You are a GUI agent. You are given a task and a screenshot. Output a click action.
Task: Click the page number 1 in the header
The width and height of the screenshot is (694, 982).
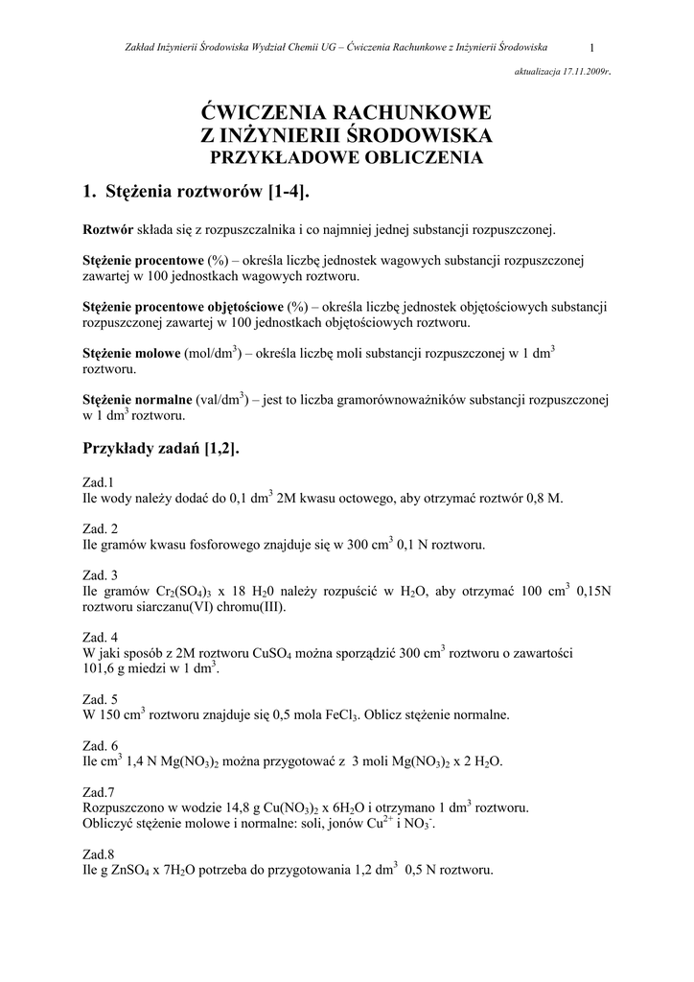[593, 47]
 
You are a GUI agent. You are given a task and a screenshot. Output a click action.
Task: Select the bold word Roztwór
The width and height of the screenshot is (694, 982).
[106, 230]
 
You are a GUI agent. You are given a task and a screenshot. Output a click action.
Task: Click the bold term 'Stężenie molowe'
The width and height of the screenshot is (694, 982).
[132, 354]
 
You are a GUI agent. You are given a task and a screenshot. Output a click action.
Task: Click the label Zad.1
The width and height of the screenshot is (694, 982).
[99, 482]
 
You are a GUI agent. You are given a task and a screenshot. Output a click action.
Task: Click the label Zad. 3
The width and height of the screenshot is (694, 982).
[101, 575]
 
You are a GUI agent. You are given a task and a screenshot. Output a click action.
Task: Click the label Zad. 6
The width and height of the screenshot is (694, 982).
[101, 746]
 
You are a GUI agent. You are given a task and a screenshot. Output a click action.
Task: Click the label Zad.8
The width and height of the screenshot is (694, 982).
[99, 854]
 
